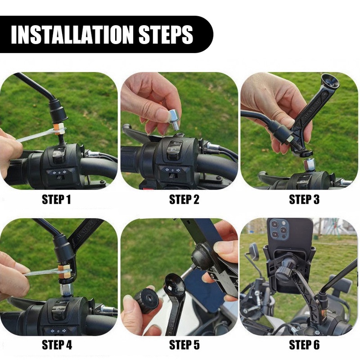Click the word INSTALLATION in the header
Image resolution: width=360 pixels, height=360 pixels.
[72, 35]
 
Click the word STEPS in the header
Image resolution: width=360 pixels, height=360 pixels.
[166, 35]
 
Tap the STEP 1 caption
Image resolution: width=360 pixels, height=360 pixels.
[56, 199]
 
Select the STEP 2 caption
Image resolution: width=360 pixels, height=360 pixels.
[184, 199]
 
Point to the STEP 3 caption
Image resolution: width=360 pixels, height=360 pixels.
[304, 199]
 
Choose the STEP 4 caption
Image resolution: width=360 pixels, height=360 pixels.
[57, 345]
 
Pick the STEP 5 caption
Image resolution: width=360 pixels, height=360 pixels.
[184, 345]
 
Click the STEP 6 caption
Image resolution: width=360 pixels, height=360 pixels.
[304, 345]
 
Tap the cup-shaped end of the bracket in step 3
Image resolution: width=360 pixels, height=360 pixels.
[330, 81]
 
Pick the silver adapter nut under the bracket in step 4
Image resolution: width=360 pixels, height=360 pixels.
[67, 289]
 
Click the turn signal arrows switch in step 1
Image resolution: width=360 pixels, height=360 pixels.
[59, 172]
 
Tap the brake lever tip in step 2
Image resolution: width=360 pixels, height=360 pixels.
[126, 127]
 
